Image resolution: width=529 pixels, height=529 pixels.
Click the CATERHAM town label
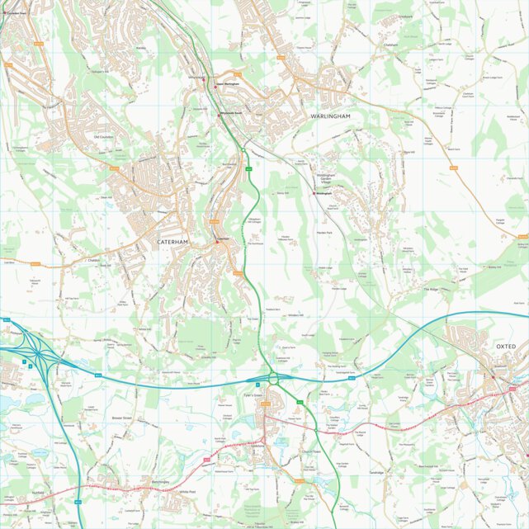(172, 242)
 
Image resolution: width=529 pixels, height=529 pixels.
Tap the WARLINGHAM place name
(331, 116)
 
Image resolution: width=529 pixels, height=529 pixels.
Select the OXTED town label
(506, 346)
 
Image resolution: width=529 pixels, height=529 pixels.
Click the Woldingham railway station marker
(314, 193)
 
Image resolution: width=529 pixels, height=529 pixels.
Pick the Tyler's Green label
(253, 396)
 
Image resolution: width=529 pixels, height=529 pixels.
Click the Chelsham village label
(391, 45)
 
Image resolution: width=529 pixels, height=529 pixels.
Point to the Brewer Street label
(121, 418)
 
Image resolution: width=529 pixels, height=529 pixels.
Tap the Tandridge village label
(377, 473)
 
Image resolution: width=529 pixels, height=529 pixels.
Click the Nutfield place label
(38, 492)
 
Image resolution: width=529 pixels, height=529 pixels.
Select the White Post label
(187, 492)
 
